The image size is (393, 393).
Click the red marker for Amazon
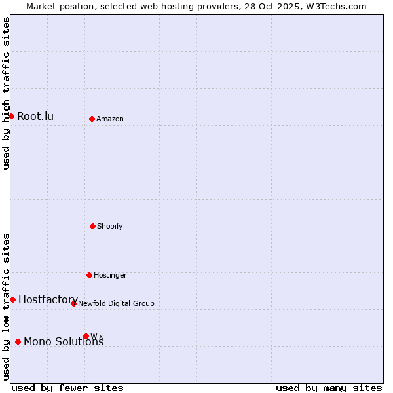92,119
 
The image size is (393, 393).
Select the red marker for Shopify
92,226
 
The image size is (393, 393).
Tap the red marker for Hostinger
89,275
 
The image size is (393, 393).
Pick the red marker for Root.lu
11,116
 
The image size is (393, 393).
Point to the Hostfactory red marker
12,299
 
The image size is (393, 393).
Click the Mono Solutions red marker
18,341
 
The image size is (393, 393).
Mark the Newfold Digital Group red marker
73,303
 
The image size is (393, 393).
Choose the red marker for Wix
86,336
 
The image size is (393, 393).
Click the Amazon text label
110,119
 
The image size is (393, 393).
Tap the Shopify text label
110,227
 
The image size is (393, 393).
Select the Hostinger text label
110,276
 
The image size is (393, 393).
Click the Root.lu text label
35,117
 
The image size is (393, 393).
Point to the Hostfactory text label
48,300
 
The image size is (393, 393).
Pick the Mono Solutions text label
64,342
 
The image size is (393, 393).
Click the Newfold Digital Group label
116,304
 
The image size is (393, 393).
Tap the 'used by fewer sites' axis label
67,388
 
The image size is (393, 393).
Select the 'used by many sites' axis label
329,388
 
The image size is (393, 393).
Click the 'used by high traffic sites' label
6,93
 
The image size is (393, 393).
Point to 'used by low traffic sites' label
6,307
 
